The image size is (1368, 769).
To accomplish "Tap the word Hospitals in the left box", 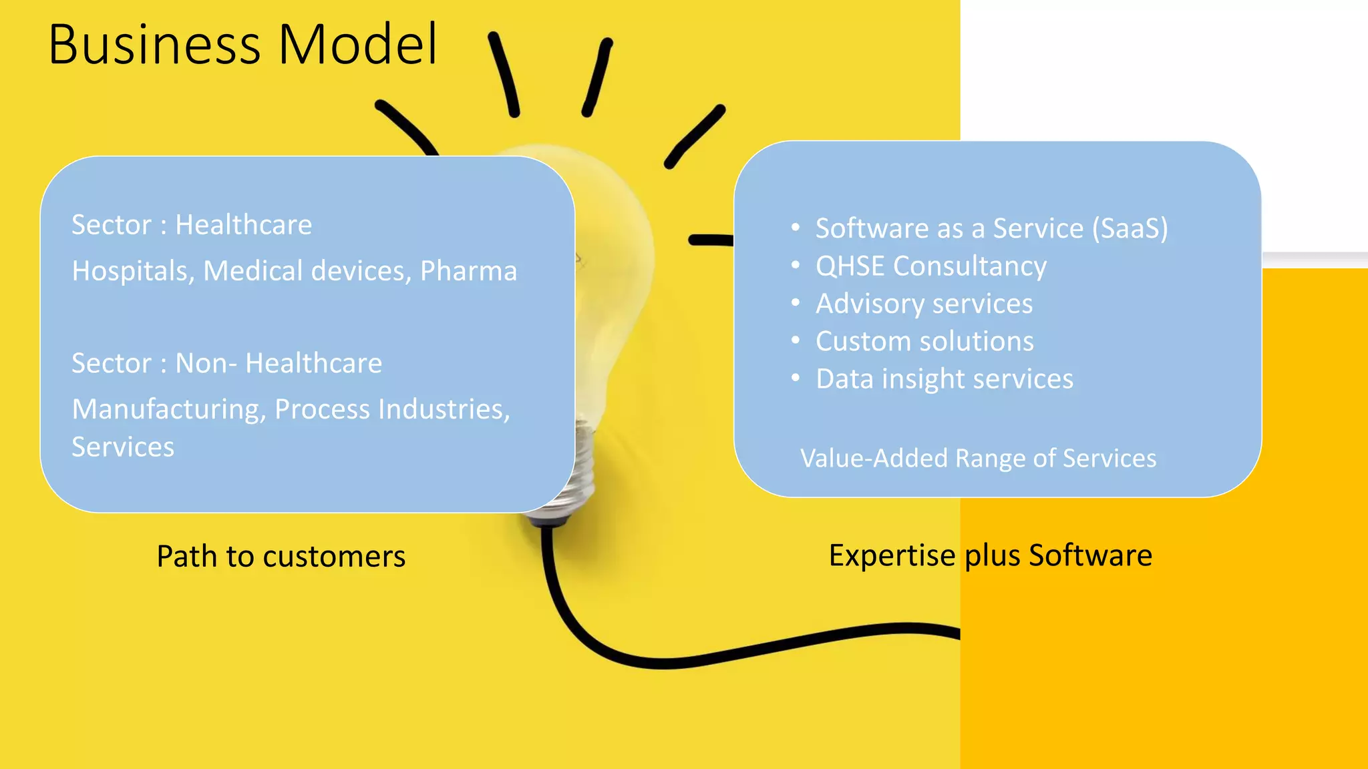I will (132, 271).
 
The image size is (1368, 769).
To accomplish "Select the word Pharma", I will (468, 271).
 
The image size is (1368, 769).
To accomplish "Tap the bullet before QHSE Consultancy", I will (795, 266).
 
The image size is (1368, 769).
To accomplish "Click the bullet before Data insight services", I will (795, 378).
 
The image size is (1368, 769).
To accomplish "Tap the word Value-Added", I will (874, 459).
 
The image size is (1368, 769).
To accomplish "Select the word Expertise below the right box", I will (891, 555).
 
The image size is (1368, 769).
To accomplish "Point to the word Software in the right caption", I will (1090, 555).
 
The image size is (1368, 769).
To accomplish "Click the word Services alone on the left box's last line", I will (123, 447).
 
